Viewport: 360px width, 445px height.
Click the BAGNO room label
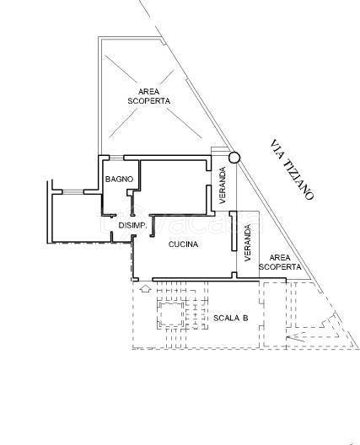coord(119,179)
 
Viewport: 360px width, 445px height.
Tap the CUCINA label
coord(183,244)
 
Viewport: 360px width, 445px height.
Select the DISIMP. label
coord(132,226)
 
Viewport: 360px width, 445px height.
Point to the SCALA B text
coord(230,318)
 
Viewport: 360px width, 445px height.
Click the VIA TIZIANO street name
coord(293,170)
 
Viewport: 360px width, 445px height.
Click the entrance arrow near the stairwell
coord(145,289)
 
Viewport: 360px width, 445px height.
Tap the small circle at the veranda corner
coord(234,158)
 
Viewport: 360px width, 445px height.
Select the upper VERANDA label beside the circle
coord(223,185)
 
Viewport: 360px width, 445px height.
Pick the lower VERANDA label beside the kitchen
coord(248,243)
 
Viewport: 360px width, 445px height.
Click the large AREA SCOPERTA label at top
coord(148,96)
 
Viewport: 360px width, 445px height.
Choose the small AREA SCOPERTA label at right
coord(280,262)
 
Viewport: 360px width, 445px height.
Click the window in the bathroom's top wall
coord(116,158)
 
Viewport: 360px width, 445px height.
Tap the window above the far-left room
coord(73,192)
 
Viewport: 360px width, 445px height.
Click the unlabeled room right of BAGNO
coord(173,187)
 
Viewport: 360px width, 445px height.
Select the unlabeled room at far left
coord(78,218)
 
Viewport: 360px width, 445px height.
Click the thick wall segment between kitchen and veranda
coord(234,231)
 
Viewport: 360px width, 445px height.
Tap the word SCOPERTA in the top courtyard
coord(148,101)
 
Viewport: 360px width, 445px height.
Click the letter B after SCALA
coord(245,318)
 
